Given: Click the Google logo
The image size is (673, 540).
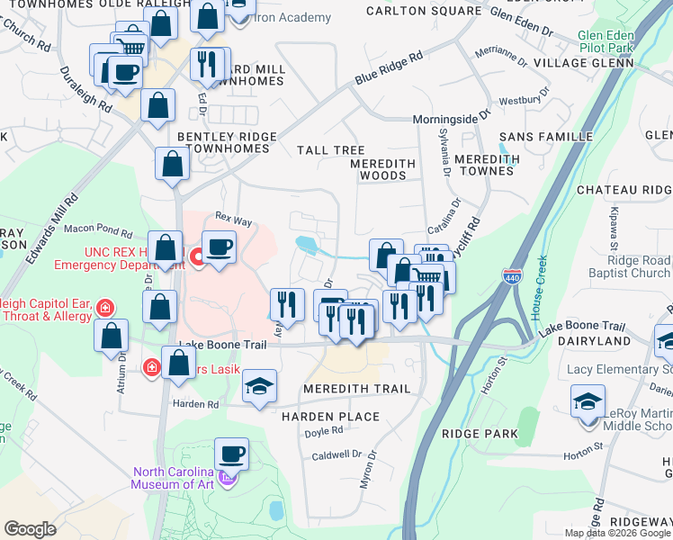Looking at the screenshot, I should [x=31, y=529].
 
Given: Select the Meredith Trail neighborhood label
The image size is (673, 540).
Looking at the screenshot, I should [x=356, y=388].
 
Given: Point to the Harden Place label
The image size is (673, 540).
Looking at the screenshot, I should [x=330, y=417].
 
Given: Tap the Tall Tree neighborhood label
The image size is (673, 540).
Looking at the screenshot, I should [x=332, y=150].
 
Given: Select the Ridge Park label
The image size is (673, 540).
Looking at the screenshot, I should [x=480, y=433].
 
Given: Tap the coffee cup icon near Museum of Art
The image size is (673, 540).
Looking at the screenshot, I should [x=231, y=454].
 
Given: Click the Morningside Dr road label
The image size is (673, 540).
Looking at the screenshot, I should [x=451, y=118].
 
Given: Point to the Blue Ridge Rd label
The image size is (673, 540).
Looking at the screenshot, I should [x=389, y=68].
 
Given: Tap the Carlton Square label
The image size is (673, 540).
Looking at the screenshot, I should [x=425, y=11].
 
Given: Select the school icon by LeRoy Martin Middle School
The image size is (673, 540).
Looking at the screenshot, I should [x=588, y=400].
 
